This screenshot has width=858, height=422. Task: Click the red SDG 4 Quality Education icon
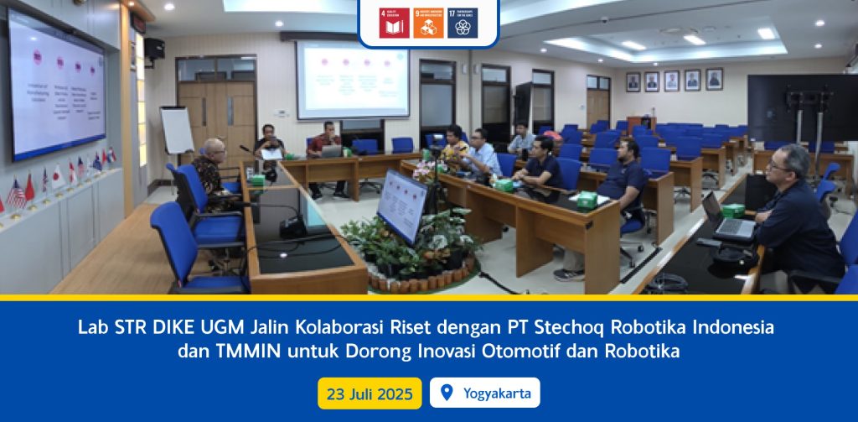(391, 23)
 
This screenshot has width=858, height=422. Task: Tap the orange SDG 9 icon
(427, 23)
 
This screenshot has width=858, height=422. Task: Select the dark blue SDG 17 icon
(463, 23)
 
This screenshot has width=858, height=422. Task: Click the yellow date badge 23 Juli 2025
(370, 393)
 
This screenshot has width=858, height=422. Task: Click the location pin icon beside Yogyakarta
(446, 393)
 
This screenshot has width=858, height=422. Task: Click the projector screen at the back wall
(353, 80)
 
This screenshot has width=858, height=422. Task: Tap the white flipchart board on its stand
(177, 129)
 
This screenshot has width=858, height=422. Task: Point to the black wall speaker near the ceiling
(155, 49)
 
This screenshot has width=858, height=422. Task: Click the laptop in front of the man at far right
(726, 217)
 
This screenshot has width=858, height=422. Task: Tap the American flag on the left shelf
(16, 193)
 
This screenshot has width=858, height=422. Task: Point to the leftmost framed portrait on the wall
(633, 81)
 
